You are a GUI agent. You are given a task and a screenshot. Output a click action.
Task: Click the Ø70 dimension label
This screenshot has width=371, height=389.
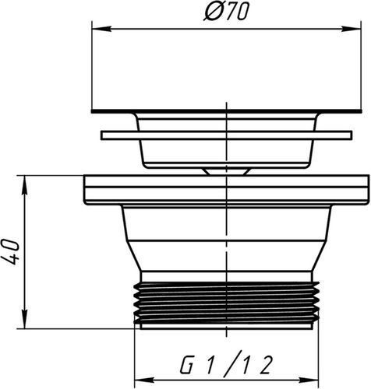pos(226,12)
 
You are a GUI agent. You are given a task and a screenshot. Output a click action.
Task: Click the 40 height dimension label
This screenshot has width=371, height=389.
pos(11,252)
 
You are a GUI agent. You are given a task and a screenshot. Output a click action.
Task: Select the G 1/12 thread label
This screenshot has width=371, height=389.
pos(226,363)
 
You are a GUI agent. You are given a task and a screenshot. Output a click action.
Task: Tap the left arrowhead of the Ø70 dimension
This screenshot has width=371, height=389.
pos(101,29)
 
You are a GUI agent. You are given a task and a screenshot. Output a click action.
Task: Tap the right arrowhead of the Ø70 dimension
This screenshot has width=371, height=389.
pos(352,29)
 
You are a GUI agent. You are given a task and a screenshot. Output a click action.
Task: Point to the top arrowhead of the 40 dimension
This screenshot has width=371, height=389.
pos(24,185)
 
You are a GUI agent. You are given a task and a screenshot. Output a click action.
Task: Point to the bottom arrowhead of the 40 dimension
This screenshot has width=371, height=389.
pos(24,319)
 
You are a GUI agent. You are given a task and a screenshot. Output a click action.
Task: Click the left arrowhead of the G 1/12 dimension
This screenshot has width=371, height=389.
pos(145,380)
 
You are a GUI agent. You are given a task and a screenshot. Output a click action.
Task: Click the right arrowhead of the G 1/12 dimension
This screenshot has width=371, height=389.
pos(309,380)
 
